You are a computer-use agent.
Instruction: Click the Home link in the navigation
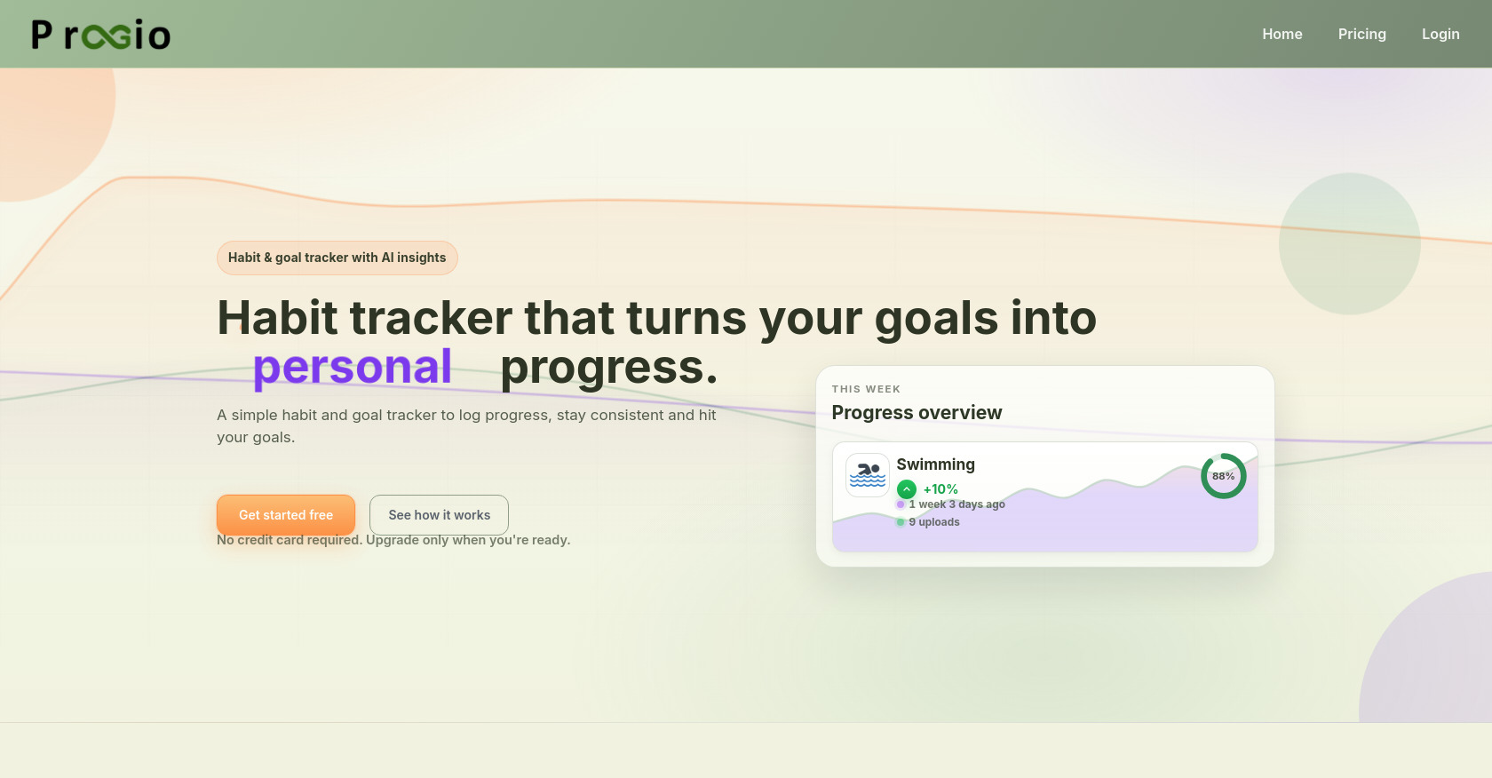[1282, 34]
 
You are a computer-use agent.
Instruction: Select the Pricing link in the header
[1361, 34]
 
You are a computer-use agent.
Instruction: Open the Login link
[1440, 34]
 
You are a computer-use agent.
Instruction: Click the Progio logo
[100, 35]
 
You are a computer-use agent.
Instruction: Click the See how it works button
[439, 515]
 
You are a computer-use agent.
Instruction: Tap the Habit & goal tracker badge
[337, 258]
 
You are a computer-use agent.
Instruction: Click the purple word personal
[353, 367]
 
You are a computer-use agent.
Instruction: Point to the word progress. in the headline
[608, 367]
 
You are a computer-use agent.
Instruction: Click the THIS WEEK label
[866, 389]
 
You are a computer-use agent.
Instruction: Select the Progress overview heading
[917, 412]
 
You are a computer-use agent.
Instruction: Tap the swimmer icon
[867, 475]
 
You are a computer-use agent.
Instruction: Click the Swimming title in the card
[935, 464]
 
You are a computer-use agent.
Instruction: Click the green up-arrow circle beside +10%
[906, 489]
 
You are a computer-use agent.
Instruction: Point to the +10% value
[940, 489]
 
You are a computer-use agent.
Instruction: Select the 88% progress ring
[1223, 476]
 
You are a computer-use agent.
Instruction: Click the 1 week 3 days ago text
[956, 504]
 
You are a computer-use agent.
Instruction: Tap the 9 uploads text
[934, 522]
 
